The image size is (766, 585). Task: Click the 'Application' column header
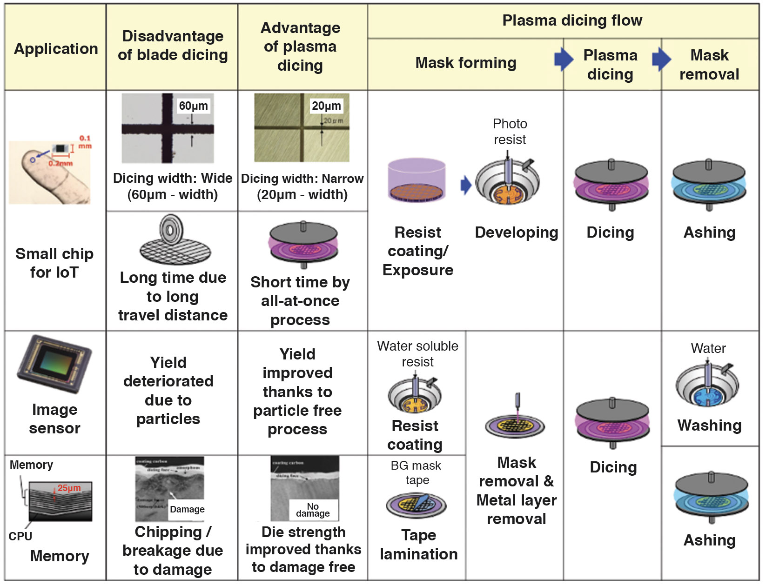click(56, 48)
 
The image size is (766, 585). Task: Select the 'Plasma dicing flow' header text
click(572, 20)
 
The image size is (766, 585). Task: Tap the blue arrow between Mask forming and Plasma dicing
click(564, 59)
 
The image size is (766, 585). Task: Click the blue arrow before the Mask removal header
click(661, 59)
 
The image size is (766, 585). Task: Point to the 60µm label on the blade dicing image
click(193, 106)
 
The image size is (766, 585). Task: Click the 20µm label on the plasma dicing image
click(326, 106)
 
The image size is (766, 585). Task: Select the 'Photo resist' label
click(510, 132)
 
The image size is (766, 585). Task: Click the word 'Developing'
click(516, 232)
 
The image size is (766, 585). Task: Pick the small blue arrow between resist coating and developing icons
click(466, 185)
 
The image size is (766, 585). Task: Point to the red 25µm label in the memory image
click(69, 488)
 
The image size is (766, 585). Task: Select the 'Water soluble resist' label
click(417, 354)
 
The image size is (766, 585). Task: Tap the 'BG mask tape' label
click(416, 472)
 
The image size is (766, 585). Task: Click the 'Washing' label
click(709, 425)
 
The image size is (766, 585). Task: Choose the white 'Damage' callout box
click(187, 509)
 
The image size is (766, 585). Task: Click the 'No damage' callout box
click(313, 510)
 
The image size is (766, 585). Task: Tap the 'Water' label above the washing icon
click(708, 348)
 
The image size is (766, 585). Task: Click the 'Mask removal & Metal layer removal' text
click(516, 491)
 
